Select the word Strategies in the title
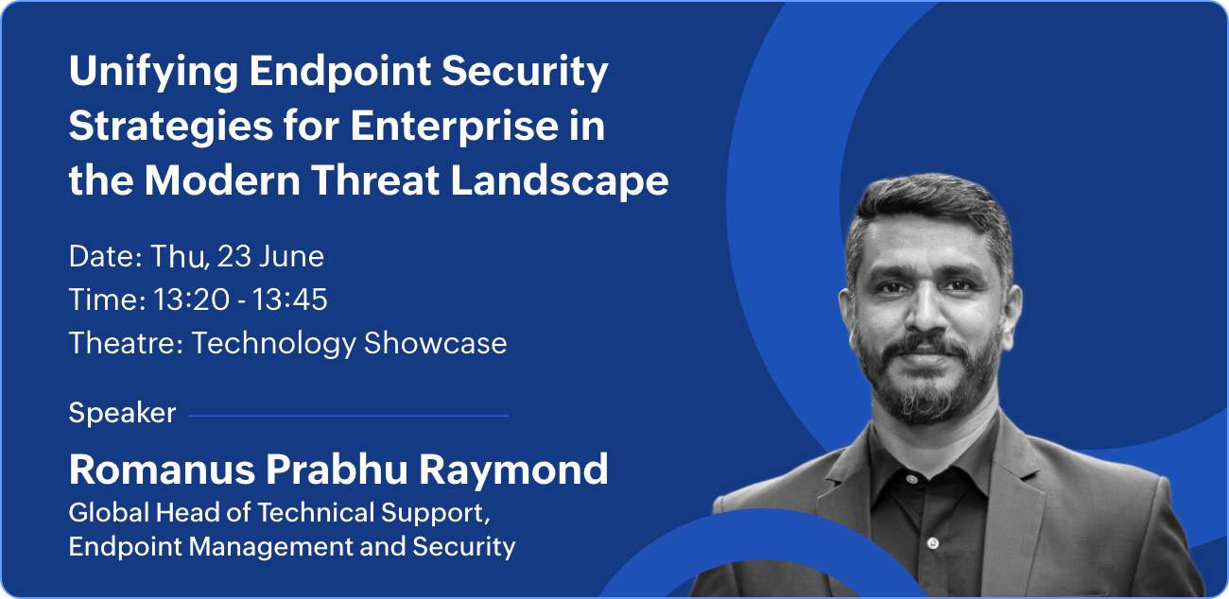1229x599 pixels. coord(170,128)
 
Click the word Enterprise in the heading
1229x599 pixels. coord(454,128)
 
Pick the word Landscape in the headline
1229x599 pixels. coord(559,182)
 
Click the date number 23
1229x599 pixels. coord(234,256)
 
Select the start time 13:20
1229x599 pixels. coord(190,299)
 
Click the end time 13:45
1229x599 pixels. coord(289,299)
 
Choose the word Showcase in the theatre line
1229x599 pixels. coord(435,343)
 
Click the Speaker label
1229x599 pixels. coord(122,413)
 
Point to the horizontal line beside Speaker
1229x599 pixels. coord(349,416)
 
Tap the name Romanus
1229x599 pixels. coord(163,470)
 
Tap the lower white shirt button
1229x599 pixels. coord(933,543)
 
